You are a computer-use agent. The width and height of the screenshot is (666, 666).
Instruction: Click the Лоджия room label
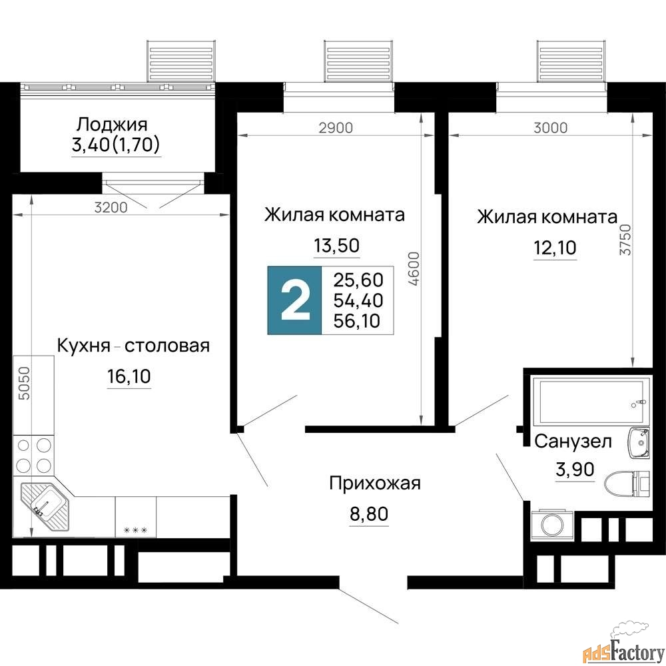point(112,125)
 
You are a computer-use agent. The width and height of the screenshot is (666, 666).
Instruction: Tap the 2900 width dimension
point(336,127)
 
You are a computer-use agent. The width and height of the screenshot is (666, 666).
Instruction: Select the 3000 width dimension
point(551,127)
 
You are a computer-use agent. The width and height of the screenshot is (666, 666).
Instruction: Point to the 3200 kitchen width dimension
point(111,207)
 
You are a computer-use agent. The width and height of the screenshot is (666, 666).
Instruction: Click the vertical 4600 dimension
point(414,268)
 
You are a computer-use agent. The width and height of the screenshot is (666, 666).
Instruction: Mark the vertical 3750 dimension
point(625,240)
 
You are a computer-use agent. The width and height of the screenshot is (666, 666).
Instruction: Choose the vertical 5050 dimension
point(25,383)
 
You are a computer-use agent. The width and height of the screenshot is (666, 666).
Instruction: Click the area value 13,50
point(337,246)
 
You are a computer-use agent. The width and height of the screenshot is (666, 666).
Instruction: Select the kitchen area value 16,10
point(129,376)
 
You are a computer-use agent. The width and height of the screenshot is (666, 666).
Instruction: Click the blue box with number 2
point(295,300)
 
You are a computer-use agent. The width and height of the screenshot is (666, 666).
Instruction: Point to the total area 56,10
point(357,321)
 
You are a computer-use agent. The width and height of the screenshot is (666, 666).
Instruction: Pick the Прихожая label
point(375,484)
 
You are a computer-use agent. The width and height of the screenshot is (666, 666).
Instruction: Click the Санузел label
point(573,442)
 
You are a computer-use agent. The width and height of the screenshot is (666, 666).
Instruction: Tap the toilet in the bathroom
point(627,484)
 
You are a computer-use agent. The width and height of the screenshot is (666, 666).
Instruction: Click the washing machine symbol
point(552,523)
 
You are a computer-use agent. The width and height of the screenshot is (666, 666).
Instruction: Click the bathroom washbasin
point(639,443)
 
